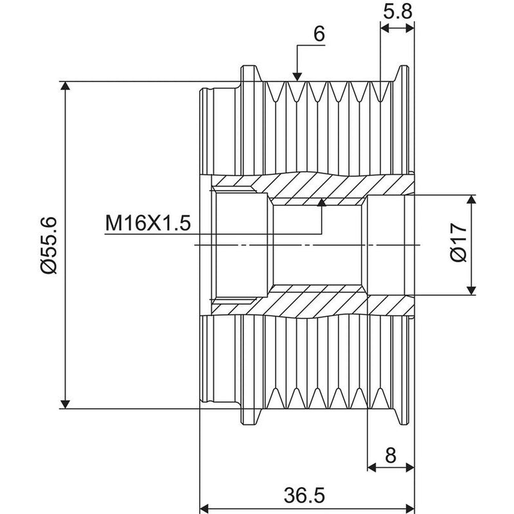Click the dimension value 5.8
397,12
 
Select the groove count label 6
319,34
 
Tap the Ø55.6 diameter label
49,245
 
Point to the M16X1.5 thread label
148,223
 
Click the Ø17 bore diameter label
458,243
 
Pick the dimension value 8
391,456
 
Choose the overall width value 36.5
304,495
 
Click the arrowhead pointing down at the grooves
297,76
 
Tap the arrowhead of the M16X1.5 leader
322,202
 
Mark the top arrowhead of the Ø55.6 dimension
66,85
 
